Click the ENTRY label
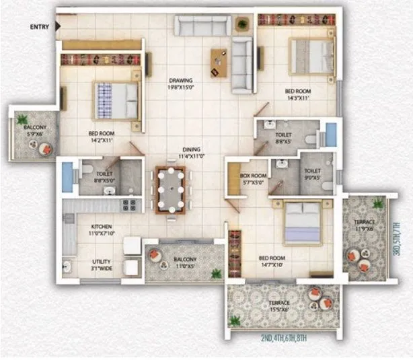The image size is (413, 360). tap(40, 27)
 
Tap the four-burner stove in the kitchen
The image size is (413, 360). tap(129, 205)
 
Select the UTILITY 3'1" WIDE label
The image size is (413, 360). tap(102, 264)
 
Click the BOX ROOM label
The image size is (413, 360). tap(253, 180)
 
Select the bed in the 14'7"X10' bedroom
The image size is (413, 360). tap(305, 223)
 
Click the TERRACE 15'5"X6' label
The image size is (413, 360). tap(279, 306)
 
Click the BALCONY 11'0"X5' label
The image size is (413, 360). tap(184, 263)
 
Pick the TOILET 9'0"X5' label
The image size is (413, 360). tap(312, 175)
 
